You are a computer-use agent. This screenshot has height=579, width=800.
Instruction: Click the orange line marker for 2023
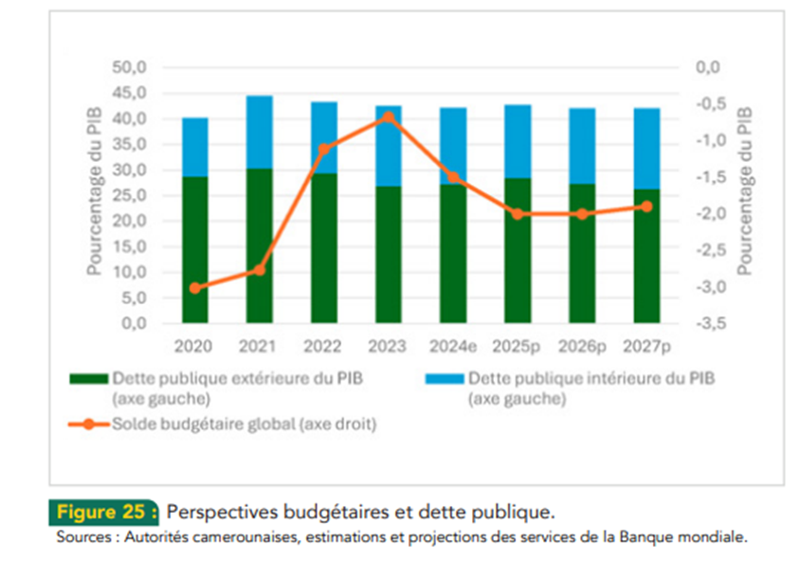pos(389,117)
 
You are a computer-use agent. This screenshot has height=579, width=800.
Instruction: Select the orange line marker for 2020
pos(195,288)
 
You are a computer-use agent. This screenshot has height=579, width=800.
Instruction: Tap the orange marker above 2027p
pos(646,207)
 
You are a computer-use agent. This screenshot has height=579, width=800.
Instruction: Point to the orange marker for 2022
pos(324,149)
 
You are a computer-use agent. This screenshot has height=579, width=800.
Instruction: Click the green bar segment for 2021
pos(260,245)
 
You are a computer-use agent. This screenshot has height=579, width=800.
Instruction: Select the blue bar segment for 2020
pos(195,147)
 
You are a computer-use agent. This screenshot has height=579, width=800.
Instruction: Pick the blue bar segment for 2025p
pos(518,141)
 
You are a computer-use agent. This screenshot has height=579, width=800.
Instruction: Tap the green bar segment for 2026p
pos(582,253)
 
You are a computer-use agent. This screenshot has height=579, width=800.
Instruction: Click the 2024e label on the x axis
pos(453,346)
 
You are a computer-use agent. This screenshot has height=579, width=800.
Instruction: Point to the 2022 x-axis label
pos(324,346)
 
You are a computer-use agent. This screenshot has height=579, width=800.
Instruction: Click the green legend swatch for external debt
pos(91,378)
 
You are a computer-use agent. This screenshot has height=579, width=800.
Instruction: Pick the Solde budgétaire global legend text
pos(245,425)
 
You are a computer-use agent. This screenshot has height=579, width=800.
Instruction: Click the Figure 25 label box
pos(105,512)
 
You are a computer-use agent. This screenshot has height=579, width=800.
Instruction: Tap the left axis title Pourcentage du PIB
pos(95,195)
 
